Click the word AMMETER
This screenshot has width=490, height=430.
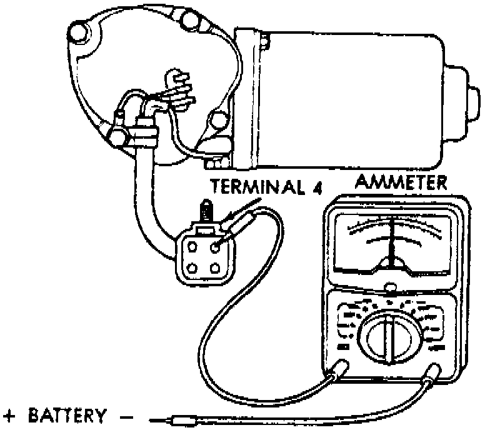(x=401, y=182)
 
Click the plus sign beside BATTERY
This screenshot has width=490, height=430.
(x=9, y=414)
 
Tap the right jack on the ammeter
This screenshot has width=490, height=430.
(x=432, y=376)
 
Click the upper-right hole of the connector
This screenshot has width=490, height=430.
(x=216, y=246)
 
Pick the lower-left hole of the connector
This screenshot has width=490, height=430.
(x=193, y=269)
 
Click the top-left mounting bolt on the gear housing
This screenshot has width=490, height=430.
(x=79, y=29)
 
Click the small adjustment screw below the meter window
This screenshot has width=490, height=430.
(x=391, y=288)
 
